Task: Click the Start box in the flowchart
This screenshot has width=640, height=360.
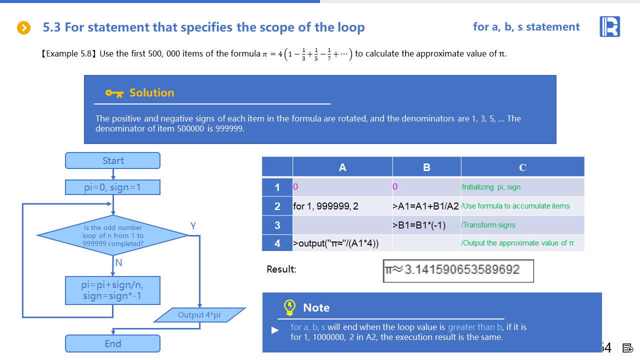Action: (112, 160)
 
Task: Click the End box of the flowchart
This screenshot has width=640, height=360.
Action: (112, 343)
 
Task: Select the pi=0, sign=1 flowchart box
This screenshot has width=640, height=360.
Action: (112, 187)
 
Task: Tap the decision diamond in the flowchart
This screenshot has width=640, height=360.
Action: (113, 235)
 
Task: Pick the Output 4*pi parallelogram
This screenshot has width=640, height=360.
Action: (199, 315)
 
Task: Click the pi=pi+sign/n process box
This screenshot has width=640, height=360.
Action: (112, 290)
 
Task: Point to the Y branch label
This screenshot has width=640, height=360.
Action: (193, 226)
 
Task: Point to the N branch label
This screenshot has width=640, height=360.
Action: (118, 262)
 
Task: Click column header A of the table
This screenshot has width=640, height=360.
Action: (342, 167)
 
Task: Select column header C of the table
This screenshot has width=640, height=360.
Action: (522, 167)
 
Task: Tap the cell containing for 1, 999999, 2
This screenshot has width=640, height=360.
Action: (342, 206)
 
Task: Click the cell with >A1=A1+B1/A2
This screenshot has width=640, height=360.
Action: (426, 206)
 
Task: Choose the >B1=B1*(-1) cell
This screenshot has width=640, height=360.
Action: (426, 225)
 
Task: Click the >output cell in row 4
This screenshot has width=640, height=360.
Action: (342, 243)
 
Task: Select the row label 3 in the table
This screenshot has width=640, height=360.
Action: (277, 225)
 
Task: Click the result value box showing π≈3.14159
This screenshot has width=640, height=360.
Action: (458, 270)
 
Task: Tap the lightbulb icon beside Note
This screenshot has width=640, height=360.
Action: (289, 307)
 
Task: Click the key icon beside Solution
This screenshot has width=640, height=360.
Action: (114, 93)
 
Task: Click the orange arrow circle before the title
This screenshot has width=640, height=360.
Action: (24, 28)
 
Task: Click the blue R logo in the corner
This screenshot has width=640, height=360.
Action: (609, 26)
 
